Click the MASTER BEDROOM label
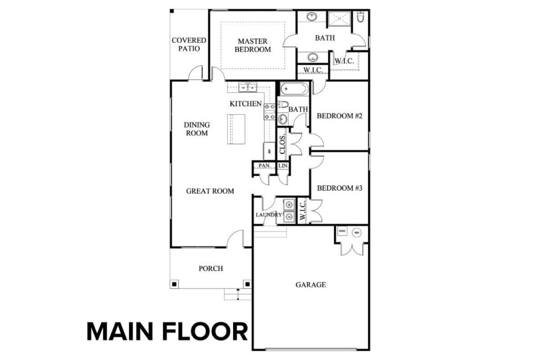coord(253,45)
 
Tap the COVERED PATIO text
coord(189,44)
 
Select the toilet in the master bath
coord(361,17)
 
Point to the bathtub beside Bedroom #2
coord(293,89)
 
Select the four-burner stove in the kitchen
coord(269,111)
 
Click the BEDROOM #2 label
coord(339,116)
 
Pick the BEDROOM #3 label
coord(339,188)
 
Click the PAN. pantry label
coord(264,166)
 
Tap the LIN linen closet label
coord(283,166)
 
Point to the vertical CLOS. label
coord(283,143)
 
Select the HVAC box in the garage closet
coord(342,231)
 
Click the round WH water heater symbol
coord(356,232)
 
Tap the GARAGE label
coord(310,285)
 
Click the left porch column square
coord(173,285)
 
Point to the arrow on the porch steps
coord(238,291)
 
